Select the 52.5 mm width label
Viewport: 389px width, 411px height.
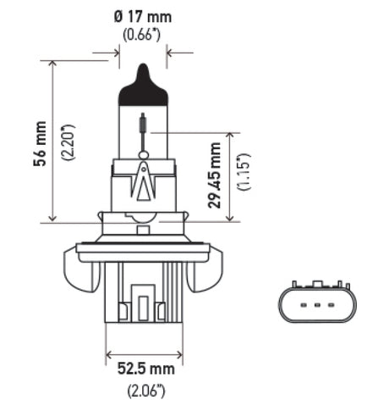pos(144,369)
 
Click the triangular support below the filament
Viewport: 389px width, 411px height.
pos(144,180)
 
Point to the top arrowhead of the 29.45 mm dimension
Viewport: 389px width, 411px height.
pos(229,135)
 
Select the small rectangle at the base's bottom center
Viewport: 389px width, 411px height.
pos(144,308)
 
